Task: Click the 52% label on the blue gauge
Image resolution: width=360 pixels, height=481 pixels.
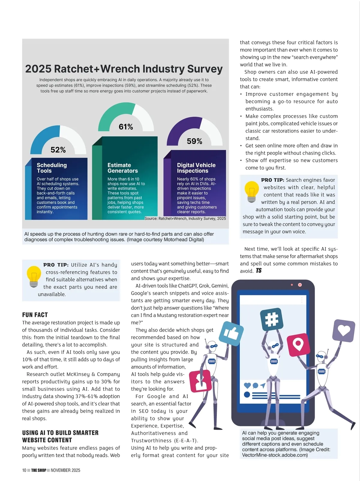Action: tap(58, 150)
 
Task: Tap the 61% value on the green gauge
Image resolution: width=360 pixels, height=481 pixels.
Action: tap(126, 127)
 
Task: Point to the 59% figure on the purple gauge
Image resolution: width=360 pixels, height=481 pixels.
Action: tap(194, 141)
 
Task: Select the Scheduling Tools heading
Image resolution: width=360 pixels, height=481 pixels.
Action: tap(52, 168)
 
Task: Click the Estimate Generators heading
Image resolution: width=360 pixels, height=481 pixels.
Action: tap(122, 168)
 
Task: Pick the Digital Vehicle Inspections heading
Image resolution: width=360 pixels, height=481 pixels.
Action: tap(196, 168)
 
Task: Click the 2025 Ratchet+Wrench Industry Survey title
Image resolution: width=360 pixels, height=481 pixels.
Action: tap(124, 69)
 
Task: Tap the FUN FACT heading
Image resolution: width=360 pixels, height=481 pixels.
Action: tap(35, 315)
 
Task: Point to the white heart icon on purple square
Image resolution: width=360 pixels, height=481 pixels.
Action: tap(344, 330)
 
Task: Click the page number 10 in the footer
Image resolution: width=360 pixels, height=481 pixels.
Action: tap(24, 470)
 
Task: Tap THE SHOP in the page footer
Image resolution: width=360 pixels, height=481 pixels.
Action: tap(38, 470)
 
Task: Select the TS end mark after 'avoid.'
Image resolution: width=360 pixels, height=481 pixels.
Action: tap(259, 271)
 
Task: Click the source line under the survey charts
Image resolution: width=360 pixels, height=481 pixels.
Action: tap(185, 219)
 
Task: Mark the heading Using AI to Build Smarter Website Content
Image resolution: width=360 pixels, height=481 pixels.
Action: tap(60, 436)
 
